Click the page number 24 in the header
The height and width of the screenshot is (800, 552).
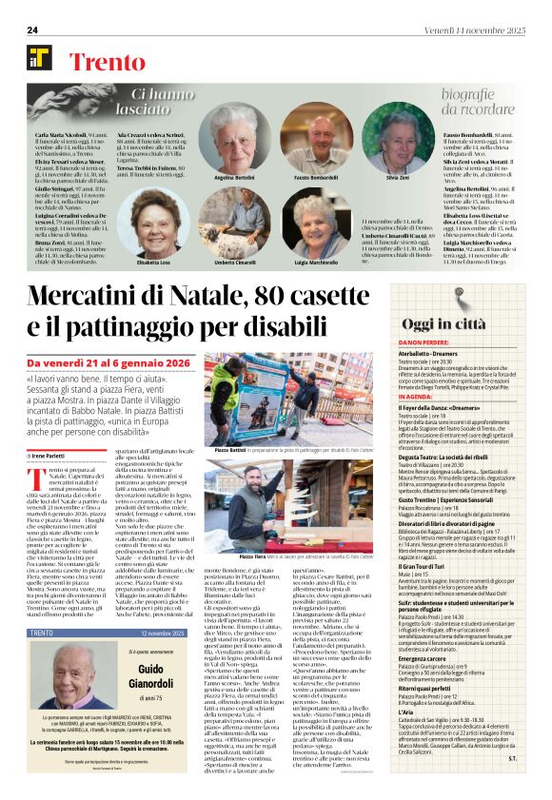31,29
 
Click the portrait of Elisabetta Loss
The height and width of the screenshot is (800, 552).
152,222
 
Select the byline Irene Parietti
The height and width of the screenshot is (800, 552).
54,457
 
